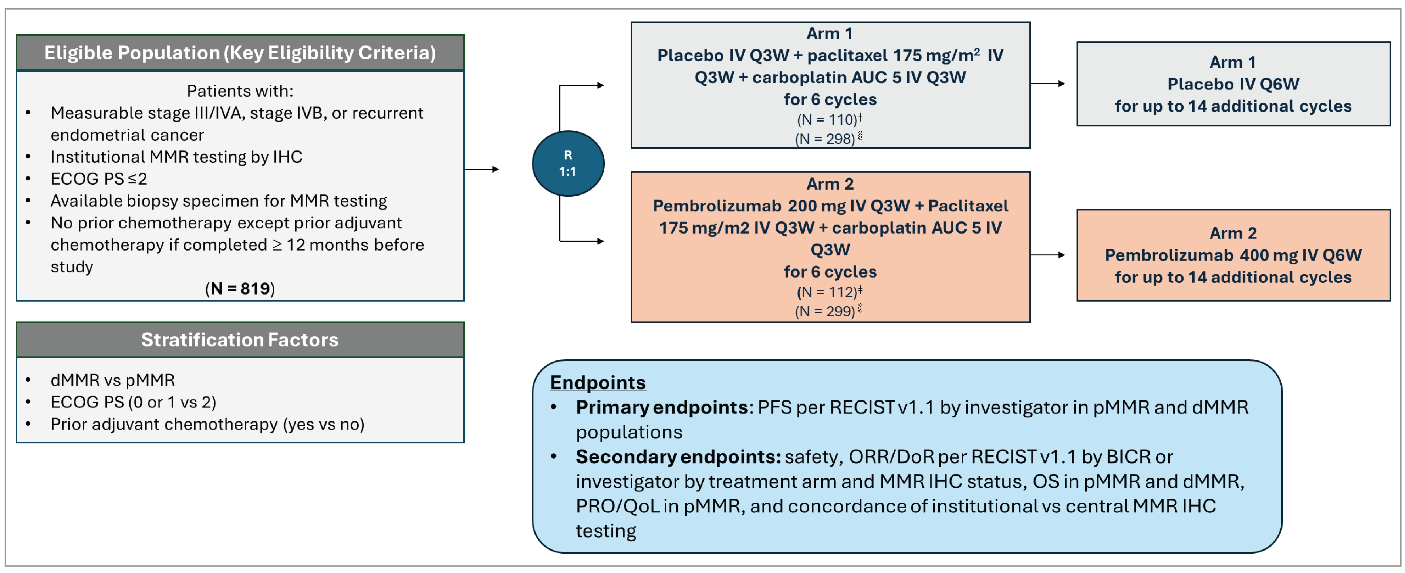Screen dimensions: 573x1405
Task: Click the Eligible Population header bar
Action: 240,53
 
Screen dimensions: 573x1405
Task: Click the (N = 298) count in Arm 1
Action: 826,139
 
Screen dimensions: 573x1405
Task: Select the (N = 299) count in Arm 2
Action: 826,311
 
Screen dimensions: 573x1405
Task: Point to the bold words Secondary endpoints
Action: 678,456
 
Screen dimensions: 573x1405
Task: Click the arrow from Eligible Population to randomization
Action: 481,169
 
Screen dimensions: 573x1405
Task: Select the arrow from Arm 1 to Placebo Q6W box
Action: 1048,83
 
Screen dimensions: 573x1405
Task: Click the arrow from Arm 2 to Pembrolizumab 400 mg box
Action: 1048,255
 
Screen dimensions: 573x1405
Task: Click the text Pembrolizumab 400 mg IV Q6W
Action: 1233,255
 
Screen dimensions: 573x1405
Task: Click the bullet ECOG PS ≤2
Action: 99,178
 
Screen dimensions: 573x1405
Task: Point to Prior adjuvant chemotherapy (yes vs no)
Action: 207,424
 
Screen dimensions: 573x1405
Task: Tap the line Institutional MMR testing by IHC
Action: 176,157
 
